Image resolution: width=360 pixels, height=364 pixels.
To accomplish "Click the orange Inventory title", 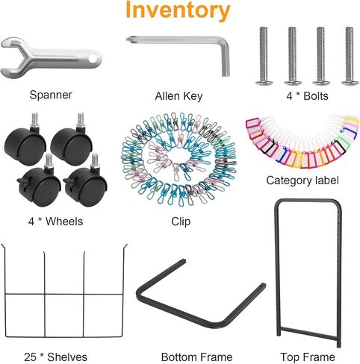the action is tap(178, 10).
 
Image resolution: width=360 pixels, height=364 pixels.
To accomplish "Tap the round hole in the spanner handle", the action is tap(93, 59).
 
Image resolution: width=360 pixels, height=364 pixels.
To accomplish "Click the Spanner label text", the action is tap(51, 95).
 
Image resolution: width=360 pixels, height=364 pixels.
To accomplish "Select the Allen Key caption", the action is tap(179, 96).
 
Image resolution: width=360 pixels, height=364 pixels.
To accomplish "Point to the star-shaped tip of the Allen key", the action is tap(128, 40).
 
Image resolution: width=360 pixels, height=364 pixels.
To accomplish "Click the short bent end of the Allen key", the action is tap(226, 62).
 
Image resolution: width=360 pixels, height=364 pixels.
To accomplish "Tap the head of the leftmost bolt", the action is tap(264, 82).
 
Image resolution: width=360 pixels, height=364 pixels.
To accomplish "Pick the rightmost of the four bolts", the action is tap(350, 56).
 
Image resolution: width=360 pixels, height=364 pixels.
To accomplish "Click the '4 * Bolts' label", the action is tap(307, 96).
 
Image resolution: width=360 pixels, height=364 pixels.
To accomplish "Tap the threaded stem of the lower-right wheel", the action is tap(95, 160).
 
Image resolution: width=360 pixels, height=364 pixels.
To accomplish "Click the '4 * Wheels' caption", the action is tap(55, 222).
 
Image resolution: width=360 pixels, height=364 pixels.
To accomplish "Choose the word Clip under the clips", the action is tap(181, 222).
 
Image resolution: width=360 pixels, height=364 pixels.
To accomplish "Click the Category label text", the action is tap(302, 181).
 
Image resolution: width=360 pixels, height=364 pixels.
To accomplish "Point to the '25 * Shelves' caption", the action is tap(55, 357).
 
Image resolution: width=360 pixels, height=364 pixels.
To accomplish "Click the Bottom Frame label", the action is tap(196, 357).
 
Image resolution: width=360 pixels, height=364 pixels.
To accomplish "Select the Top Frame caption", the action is tap(308, 357).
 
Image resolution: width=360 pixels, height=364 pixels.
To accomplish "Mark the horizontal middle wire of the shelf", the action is tap(63, 294).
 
